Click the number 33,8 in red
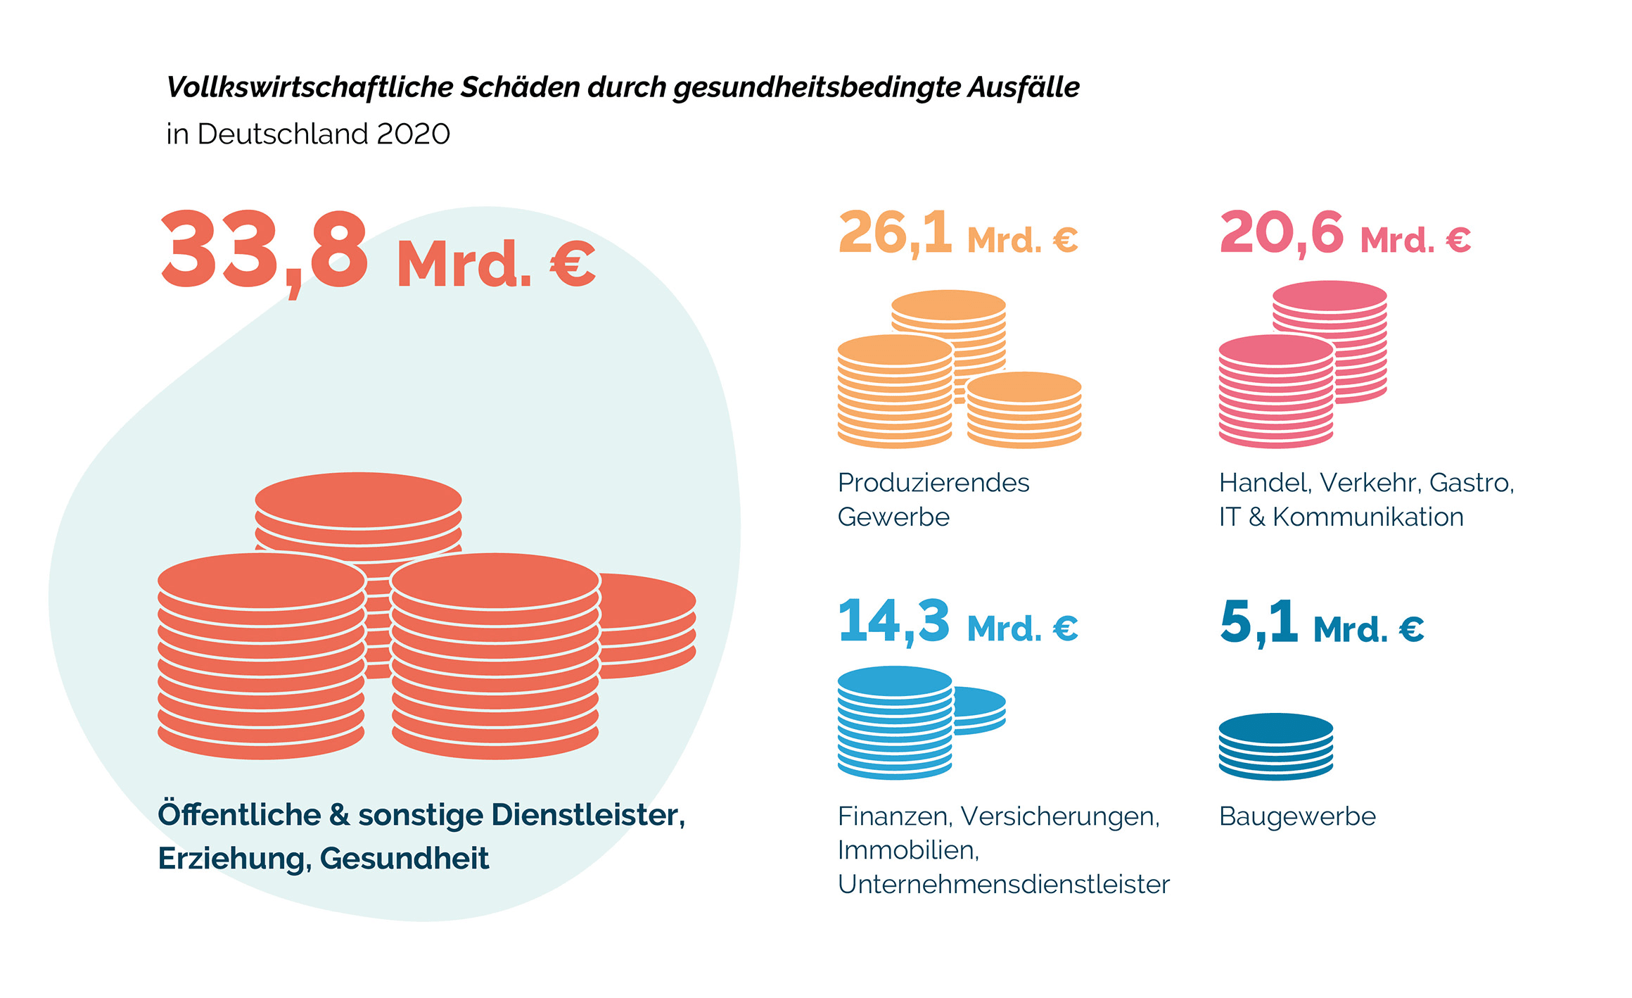[264, 252]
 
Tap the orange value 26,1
[895, 234]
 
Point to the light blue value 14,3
[893, 622]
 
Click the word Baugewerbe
[1297, 816]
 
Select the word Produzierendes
[933, 483]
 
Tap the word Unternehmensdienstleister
[1003, 885]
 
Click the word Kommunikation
[1368, 517]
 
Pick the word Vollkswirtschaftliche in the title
[310, 87]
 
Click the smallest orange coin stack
[1024, 412]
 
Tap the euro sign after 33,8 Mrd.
[573, 265]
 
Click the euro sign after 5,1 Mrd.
[1411, 629]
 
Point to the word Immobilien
[908, 851]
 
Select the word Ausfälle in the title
[1024, 87]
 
